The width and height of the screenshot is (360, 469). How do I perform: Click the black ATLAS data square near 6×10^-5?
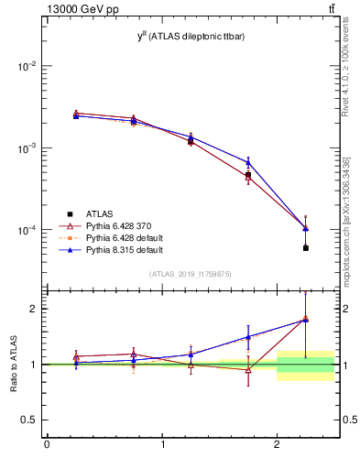point(305,248)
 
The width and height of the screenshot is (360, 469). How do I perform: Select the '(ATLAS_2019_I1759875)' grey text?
point(191,274)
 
